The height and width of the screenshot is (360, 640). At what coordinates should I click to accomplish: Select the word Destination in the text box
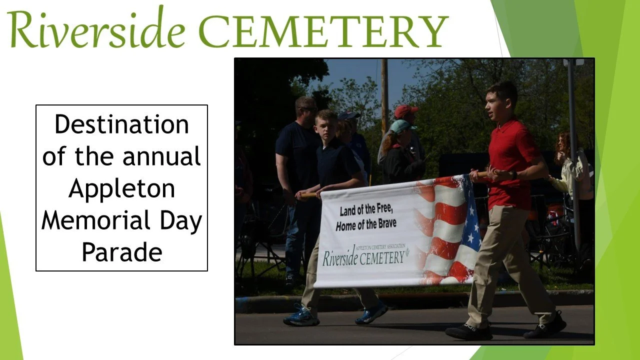pos(121,124)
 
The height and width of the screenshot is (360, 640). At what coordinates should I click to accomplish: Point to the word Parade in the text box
pos(121,252)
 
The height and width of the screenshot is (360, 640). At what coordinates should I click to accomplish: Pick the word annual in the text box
pos(161,156)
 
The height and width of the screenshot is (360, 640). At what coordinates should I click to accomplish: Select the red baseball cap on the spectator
pos(405,111)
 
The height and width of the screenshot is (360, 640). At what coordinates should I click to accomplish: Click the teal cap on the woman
pos(401,126)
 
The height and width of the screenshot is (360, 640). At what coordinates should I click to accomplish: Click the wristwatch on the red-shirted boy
pos(513,175)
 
